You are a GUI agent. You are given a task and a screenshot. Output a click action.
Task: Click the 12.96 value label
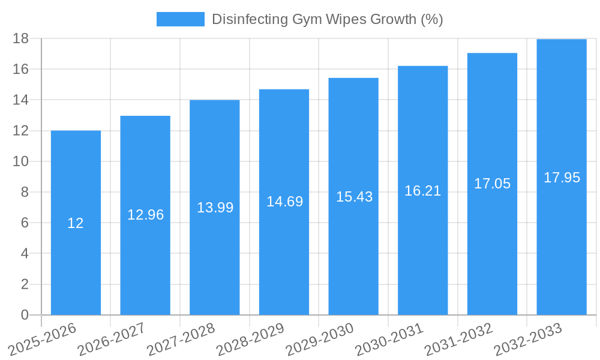(x=145, y=215)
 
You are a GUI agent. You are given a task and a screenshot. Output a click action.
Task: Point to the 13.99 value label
(x=215, y=208)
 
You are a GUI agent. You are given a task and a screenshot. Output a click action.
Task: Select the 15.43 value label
(x=354, y=197)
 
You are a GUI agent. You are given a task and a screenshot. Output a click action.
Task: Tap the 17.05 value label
(x=492, y=184)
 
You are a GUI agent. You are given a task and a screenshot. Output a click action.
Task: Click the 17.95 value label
(x=562, y=178)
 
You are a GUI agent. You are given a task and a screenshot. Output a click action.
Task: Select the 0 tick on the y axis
(x=25, y=315)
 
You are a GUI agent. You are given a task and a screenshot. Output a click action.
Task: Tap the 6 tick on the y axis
(x=25, y=223)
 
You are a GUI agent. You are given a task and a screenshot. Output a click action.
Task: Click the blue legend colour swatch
(x=180, y=19)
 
